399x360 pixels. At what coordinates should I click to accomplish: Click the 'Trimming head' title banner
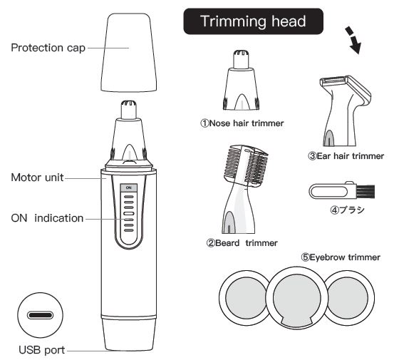coord(254,21)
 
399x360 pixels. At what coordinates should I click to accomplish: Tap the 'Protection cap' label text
coord(47,48)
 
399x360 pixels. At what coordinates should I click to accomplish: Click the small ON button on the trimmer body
coord(128,187)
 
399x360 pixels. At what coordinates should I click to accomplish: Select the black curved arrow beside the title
coord(351,41)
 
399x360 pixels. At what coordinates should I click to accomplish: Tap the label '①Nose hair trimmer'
coord(242,123)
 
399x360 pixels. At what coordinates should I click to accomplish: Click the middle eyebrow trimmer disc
coord(294,297)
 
